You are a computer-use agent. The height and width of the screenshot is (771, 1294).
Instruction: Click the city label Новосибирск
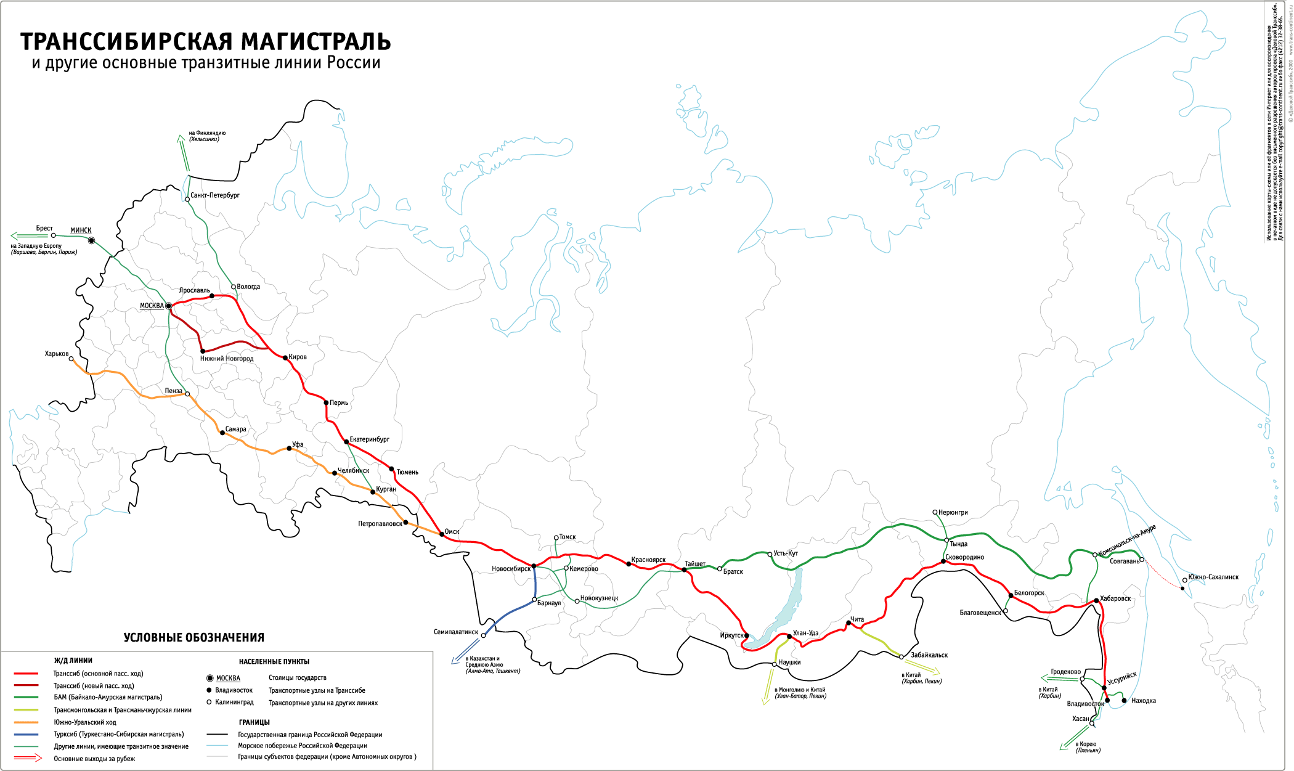[x=511, y=569]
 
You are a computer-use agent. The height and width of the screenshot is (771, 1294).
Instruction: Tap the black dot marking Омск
[x=442, y=534]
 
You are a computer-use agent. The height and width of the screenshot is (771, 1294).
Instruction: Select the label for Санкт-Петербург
[x=215, y=195]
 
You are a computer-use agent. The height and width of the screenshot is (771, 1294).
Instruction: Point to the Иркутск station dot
[x=747, y=635]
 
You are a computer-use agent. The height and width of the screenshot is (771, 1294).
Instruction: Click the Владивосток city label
[x=1085, y=704]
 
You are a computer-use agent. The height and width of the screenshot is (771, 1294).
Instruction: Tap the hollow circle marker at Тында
[x=947, y=540]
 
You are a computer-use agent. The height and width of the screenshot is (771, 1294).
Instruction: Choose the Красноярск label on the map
[x=648, y=560]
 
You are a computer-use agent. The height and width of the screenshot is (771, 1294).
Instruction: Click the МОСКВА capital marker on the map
[x=169, y=306]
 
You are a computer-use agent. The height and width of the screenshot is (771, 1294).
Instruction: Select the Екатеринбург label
[x=370, y=439]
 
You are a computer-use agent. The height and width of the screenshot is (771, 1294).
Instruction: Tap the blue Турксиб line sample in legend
[x=26, y=735]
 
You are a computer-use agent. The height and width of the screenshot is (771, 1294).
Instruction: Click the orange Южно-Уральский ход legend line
[x=26, y=722]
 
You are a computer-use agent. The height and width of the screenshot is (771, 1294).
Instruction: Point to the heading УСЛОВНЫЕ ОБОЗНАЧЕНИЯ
[x=193, y=638]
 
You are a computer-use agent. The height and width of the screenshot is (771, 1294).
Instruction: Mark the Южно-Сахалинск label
[x=1213, y=577]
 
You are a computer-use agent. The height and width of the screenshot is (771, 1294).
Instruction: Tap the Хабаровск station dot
[x=1096, y=600]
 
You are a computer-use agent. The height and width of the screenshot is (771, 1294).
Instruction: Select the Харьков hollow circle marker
[x=71, y=359]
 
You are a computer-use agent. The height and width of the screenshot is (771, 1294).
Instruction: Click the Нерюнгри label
[x=953, y=513]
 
